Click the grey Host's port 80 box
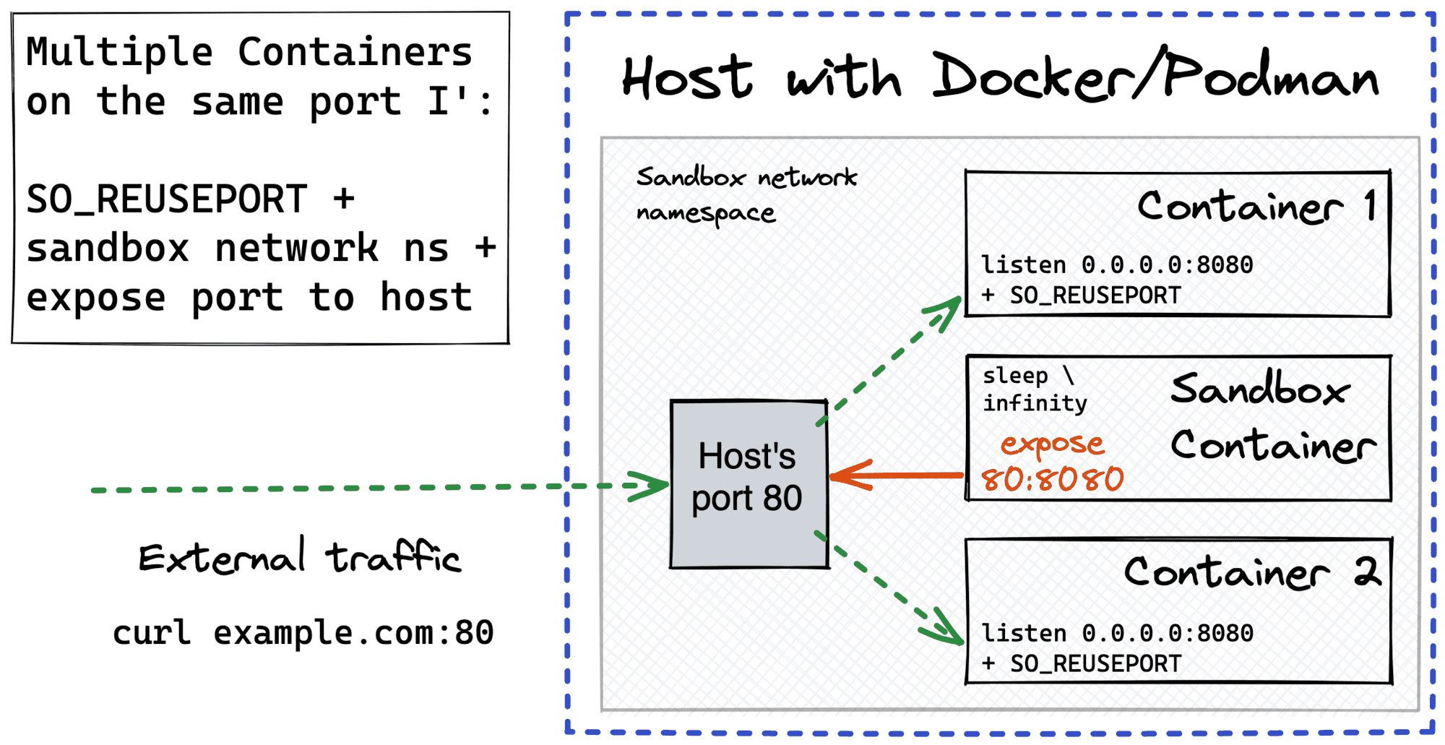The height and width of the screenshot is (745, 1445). point(749,484)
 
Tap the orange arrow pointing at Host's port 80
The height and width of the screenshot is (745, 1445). point(896,475)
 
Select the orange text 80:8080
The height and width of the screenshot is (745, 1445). point(1052,479)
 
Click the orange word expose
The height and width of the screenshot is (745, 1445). point(1052,444)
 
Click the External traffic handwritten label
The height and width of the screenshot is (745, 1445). point(299,558)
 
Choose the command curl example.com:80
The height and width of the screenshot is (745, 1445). point(303,633)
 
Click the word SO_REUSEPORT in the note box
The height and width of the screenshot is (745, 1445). point(166,199)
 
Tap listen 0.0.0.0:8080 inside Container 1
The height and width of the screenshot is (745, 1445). point(1116,265)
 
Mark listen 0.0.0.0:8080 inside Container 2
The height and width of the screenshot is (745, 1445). point(1116,634)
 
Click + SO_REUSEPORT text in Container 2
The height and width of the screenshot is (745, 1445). point(1081,663)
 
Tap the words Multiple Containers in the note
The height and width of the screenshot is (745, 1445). point(249,52)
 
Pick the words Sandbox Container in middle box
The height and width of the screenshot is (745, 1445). point(1272,417)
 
